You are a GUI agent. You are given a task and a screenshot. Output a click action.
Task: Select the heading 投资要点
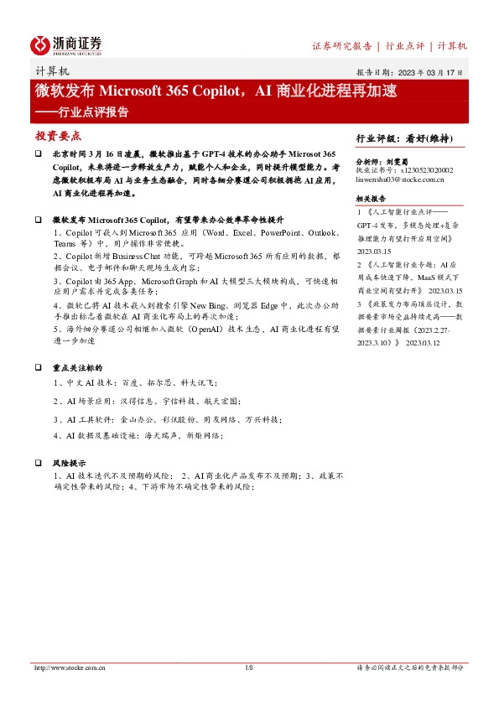coord(58,135)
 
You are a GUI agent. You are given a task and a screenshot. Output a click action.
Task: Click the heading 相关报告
coord(370,198)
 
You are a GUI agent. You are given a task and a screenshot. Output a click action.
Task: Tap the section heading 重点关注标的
coord(77,368)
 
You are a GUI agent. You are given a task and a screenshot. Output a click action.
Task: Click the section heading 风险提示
coord(69,463)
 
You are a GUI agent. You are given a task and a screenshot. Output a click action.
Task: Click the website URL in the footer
coord(70,667)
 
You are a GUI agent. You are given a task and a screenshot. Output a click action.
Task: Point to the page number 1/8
coord(248,667)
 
